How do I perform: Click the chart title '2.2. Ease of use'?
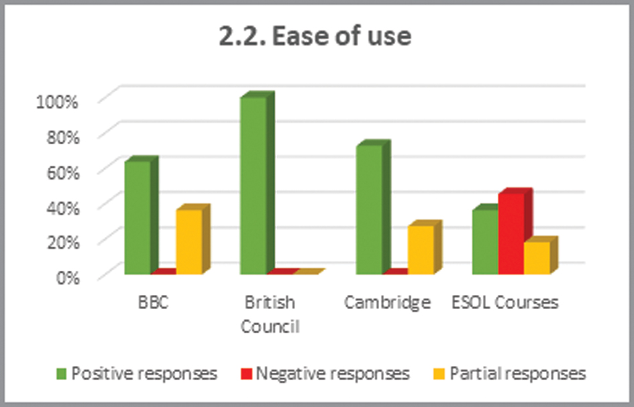[315, 37]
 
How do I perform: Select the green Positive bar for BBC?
[138, 218]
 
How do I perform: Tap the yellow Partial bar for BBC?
[189, 241]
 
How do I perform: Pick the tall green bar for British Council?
[253, 186]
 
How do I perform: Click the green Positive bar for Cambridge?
[369, 210]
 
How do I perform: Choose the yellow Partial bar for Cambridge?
[421, 249]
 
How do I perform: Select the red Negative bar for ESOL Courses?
[511, 233]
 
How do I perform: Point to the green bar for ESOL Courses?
[484, 242]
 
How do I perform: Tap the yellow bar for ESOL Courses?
[536, 257]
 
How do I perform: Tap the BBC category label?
[154, 302]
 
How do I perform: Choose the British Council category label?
[269, 314]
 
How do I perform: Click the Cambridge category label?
[387, 302]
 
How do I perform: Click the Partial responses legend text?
[517, 373]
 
